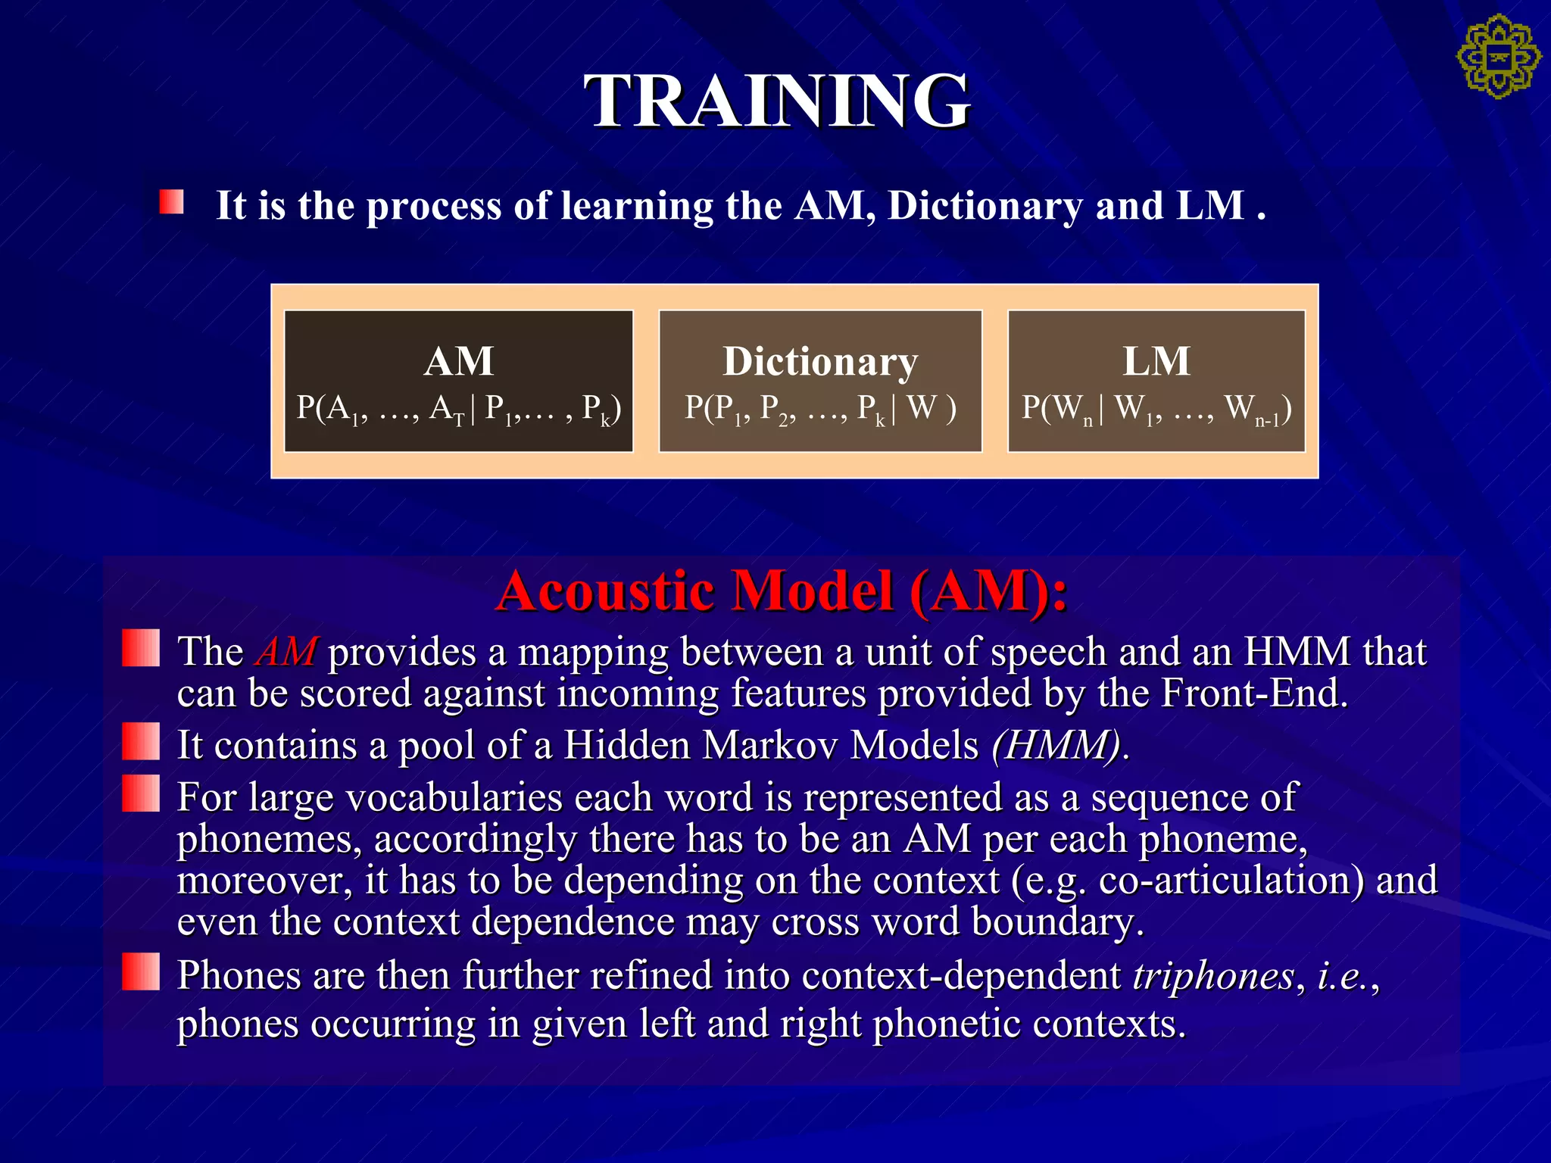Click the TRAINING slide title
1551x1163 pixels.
(x=776, y=101)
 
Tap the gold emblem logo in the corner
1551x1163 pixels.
(x=1498, y=57)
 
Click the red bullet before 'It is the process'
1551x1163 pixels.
(x=171, y=202)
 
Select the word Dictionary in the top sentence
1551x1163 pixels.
(x=985, y=206)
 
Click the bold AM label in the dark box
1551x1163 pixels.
(x=458, y=361)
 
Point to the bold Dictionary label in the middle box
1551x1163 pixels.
(x=820, y=361)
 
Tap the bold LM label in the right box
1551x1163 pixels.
(x=1156, y=361)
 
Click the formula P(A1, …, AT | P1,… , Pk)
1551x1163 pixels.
(x=458, y=410)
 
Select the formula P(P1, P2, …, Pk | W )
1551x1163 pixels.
(x=820, y=410)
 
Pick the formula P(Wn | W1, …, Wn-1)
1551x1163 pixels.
(x=1156, y=410)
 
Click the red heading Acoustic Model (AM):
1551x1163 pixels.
(x=781, y=591)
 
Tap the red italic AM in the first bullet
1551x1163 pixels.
(x=286, y=652)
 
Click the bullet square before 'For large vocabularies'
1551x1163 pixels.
(x=141, y=793)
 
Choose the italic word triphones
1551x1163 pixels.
(x=1213, y=976)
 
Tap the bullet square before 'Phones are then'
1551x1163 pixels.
(x=141, y=971)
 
